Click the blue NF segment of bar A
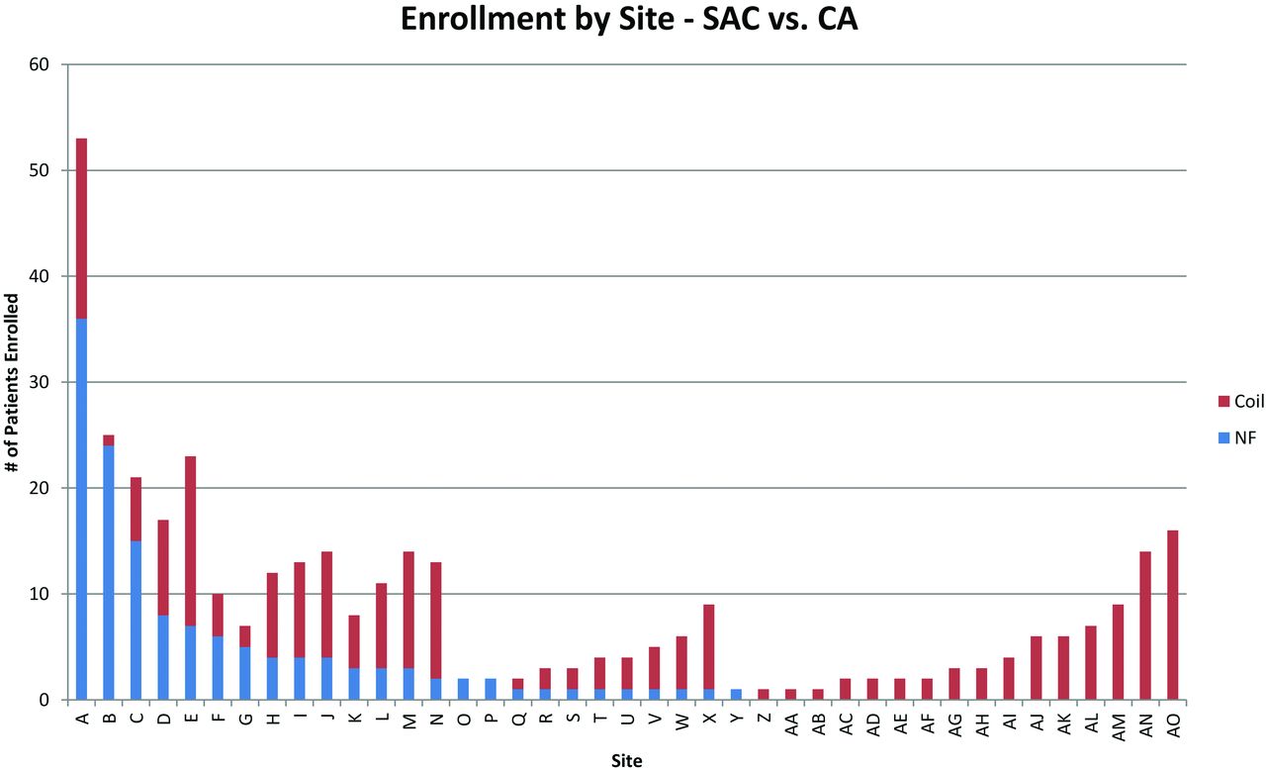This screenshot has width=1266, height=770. pos(81,509)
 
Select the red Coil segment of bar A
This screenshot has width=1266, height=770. pos(81,228)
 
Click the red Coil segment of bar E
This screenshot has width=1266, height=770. pos(190,540)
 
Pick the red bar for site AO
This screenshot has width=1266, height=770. pos(1173,615)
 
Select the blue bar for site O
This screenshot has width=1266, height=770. pos(463,689)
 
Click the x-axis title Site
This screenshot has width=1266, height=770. pos(626,760)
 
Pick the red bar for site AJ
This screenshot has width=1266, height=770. pos(1037,668)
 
